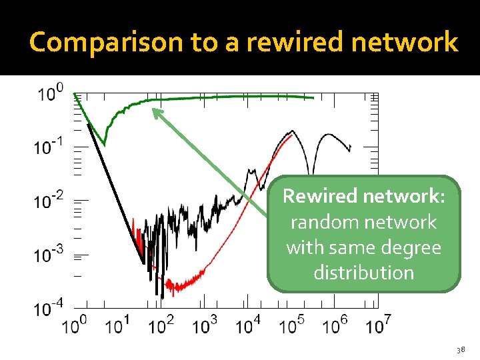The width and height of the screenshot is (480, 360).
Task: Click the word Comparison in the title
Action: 107,43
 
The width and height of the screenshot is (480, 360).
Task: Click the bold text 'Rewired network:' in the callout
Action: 363,197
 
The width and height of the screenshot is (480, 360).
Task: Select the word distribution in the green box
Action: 363,273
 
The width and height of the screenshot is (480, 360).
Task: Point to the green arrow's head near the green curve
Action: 155,111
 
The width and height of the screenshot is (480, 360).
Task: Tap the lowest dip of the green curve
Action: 104,143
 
